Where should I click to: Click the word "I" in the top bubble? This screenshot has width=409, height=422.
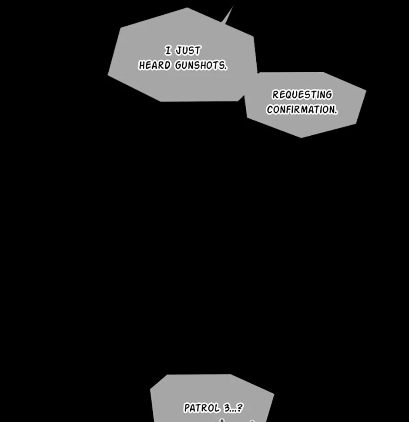[168, 50]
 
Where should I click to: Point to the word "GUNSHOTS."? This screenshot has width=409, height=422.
[201, 65]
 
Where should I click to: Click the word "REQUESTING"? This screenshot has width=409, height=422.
[302, 94]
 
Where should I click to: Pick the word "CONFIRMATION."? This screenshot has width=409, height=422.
[302, 110]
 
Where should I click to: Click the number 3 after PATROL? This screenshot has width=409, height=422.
[227, 408]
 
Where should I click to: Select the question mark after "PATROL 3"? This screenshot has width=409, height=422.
[240, 408]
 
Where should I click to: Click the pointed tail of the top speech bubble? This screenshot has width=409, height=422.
[233, 6]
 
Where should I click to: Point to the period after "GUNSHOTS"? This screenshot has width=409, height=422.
[225, 69]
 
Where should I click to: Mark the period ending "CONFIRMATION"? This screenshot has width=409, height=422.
[336, 113]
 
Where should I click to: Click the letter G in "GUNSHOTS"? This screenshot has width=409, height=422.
[179, 65]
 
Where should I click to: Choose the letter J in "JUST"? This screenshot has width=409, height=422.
[179, 50]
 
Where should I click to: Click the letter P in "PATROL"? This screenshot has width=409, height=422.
[187, 408]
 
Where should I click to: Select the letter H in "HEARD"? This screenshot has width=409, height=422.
[142, 65]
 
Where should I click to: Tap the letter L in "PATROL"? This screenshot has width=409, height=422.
[217, 408]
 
